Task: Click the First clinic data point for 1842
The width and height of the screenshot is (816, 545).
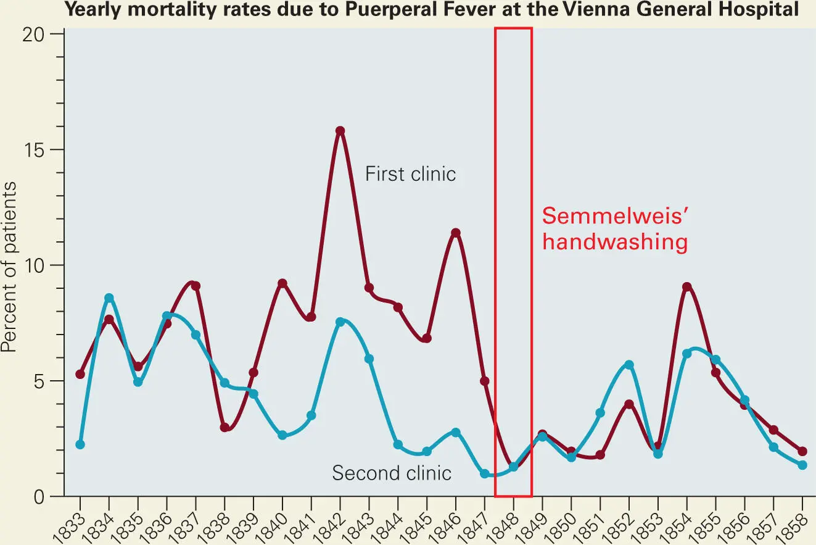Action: coord(340,131)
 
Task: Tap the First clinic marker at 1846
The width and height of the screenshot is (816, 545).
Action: coord(456,233)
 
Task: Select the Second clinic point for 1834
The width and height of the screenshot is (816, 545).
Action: coord(109,298)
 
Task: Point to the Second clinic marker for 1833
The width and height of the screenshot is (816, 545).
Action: coord(80,444)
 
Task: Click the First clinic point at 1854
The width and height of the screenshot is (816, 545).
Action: coord(687,287)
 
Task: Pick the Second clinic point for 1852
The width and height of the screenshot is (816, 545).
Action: coord(629,365)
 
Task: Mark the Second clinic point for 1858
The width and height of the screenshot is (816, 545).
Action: coord(802,465)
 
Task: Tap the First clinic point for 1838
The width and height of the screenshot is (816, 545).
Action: coord(225,427)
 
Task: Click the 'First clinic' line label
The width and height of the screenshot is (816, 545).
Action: coord(410,174)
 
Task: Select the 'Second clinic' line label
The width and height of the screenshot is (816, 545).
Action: coord(392,473)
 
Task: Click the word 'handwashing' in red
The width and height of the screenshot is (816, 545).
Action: coord(614,243)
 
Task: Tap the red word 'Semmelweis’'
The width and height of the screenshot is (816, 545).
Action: coord(614,217)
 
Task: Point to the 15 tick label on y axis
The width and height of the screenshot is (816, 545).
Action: coord(42,149)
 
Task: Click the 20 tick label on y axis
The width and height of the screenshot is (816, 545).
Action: coord(42,34)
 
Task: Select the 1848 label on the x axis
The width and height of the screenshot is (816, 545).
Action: coord(508,524)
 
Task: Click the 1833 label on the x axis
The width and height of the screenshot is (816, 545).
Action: coord(75,524)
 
